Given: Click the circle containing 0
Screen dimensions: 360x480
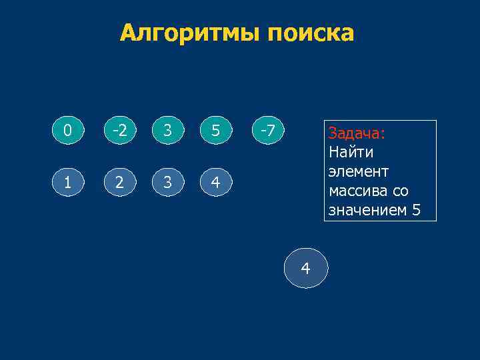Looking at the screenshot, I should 67,131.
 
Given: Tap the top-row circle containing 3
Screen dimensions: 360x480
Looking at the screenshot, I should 167,131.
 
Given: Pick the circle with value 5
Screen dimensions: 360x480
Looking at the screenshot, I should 216,131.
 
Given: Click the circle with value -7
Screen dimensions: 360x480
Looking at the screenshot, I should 267,131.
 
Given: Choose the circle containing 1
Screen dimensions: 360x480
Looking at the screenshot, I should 67,181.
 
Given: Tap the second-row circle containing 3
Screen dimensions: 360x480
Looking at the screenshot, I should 167,181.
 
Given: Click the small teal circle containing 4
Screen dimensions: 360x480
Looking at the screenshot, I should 216,181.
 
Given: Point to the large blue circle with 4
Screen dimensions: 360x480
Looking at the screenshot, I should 306,268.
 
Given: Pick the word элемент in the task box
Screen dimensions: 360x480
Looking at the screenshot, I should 358,171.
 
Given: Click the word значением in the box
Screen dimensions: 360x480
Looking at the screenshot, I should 367,210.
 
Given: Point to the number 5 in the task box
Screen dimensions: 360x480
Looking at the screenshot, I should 417,210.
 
